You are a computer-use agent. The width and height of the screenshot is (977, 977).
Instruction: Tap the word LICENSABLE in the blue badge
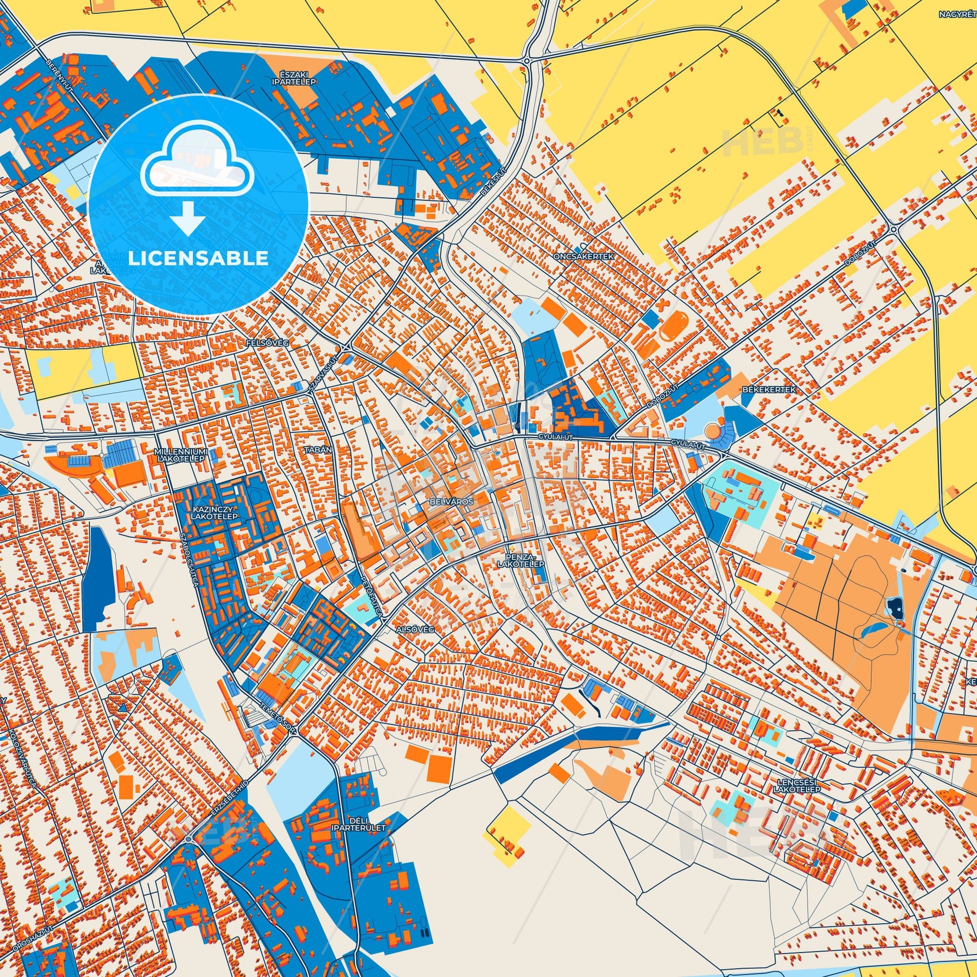pos(198,258)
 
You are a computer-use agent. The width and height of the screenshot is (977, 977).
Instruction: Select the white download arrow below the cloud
pos(188,218)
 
